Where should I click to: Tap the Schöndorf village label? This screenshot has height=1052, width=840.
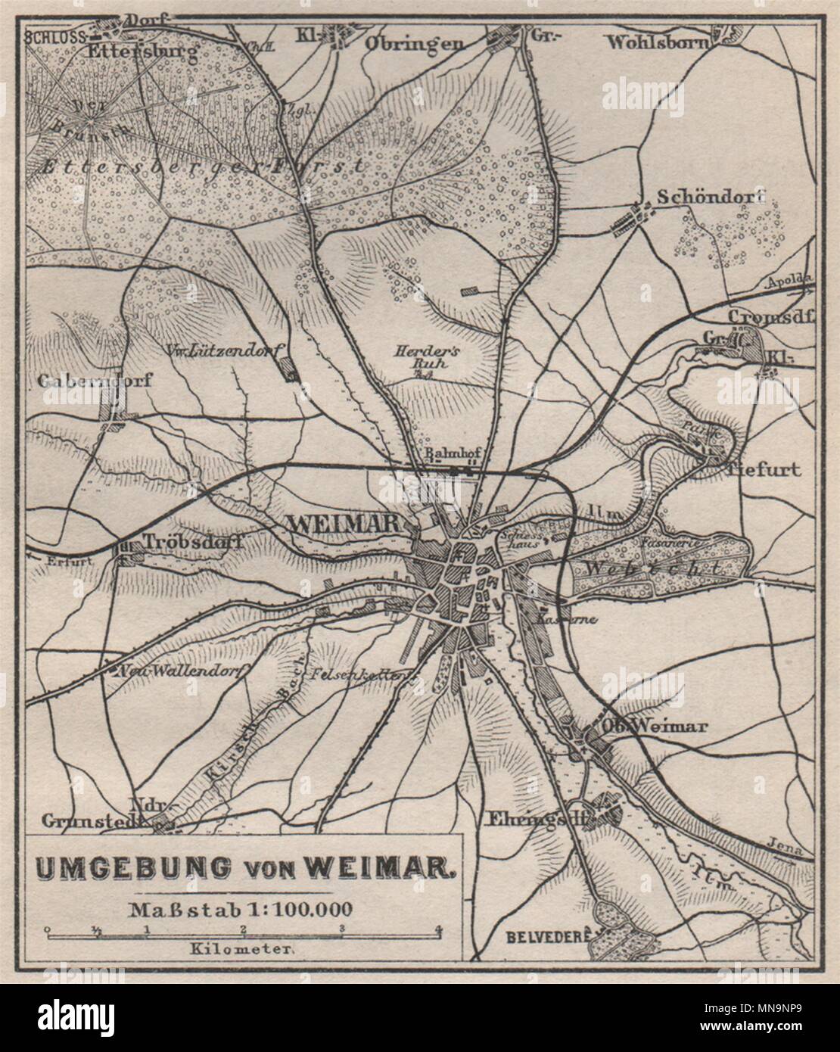(x=711, y=197)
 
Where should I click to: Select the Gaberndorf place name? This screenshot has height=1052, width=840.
(x=95, y=381)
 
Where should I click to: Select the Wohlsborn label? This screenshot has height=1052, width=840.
(x=656, y=42)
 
